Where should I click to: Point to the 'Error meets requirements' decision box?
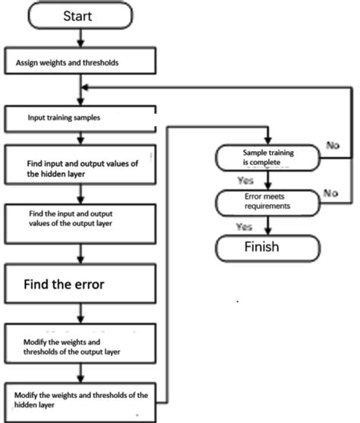coord(267,203)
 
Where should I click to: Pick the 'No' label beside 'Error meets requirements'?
coord(331,193)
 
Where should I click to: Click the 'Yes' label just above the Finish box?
coord(245,226)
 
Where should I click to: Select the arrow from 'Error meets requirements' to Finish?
coord(267,226)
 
